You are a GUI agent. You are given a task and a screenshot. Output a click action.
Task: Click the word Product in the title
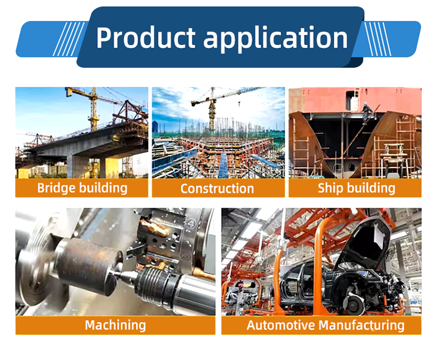pos(145,37)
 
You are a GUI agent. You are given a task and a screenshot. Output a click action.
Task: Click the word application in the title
pos(275,39)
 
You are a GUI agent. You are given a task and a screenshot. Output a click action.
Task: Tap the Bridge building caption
pos(82,188)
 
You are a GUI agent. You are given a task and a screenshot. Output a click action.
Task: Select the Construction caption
pos(217,189)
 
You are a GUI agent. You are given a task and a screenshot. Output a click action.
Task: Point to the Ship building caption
pos(356,188)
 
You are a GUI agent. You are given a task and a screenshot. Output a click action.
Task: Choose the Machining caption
pos(115,325)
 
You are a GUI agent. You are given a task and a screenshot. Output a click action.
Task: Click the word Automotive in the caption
pos(280,325)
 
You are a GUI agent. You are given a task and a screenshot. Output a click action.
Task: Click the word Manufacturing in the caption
pos(361,325)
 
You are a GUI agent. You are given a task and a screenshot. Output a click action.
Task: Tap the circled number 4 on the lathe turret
pos(191,223)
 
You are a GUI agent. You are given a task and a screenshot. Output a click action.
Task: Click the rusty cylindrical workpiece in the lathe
pos(89,265)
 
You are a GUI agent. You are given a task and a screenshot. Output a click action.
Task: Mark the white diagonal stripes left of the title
pos(69,39)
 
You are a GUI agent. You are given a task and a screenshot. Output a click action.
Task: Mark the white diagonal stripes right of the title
pos(377,39)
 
